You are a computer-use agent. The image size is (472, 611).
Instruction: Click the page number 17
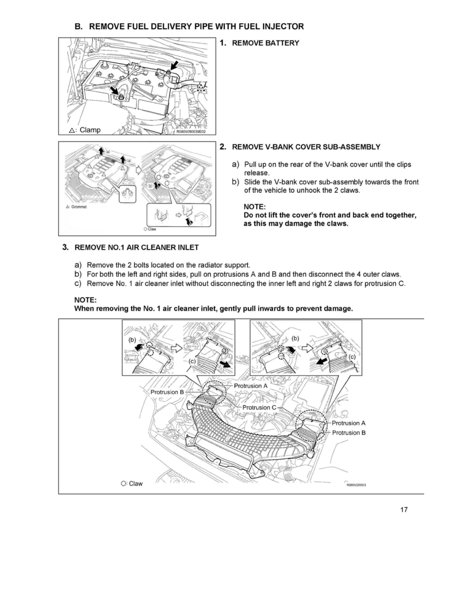pos(404,510)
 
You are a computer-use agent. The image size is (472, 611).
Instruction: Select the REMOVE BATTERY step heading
pos(265,43)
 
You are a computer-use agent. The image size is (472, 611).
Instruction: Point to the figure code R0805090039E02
pos(191,132)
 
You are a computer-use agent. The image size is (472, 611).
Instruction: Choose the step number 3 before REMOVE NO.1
pos(65,247)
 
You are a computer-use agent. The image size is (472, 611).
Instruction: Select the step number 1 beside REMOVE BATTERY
pos(223,43)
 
